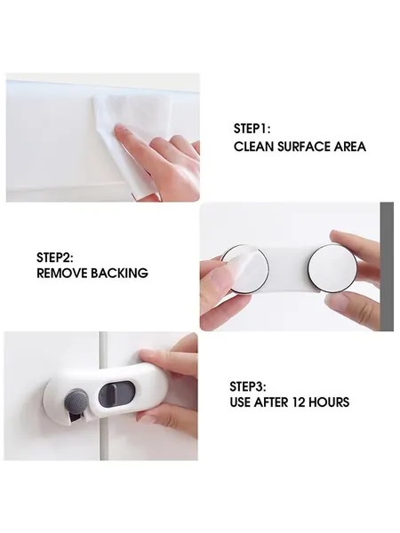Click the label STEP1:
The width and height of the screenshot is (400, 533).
252,129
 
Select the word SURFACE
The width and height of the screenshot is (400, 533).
303,147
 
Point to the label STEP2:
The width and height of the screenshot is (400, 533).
55,258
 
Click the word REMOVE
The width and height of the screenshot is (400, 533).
61,273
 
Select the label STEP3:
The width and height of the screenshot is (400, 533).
248,386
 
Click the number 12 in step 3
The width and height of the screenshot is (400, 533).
299,402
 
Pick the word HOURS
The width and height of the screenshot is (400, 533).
329,402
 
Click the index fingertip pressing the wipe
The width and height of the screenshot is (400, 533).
120,130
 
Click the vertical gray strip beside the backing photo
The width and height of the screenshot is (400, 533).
387,266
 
